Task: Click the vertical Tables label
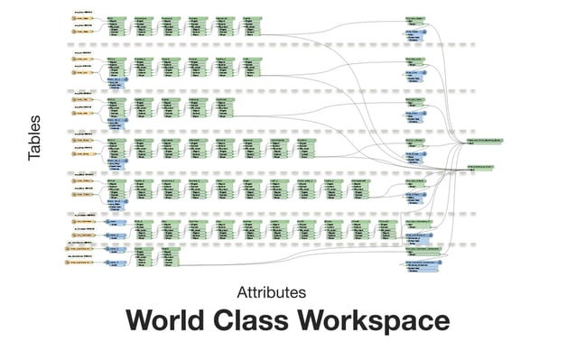35,138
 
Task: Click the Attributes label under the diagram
271,292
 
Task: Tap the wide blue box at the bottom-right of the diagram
422,265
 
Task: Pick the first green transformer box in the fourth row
116,146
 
